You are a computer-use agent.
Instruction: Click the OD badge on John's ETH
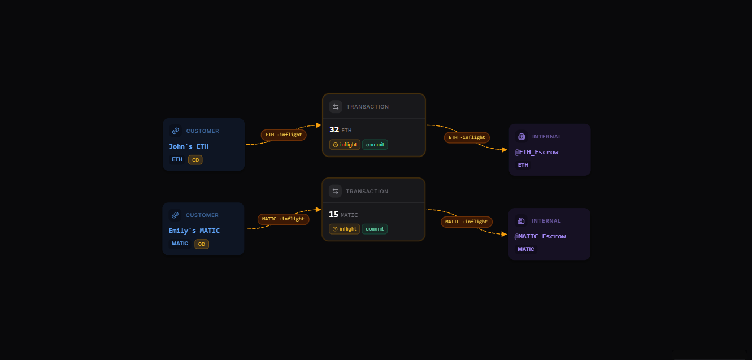195,160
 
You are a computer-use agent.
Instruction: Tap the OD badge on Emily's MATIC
202,244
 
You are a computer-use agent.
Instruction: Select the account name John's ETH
189,146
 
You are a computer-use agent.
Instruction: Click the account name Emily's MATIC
194,231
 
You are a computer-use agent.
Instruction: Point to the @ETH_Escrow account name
537,152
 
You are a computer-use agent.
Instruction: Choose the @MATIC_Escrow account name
540,236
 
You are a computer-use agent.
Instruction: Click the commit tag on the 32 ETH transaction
375,145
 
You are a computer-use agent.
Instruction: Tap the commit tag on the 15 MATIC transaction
375,229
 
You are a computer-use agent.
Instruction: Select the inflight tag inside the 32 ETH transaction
345,145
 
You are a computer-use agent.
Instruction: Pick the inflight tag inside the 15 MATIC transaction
345,229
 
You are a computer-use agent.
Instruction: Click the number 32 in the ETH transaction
334,129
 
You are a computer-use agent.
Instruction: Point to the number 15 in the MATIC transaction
333,214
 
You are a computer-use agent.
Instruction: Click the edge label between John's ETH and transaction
284,135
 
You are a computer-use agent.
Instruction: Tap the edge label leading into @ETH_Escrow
467,137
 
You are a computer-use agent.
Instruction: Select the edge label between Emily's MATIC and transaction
284,219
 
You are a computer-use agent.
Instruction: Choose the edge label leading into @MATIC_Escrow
467,222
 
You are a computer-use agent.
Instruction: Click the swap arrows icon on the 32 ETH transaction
336,107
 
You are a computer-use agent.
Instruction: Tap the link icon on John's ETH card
176,131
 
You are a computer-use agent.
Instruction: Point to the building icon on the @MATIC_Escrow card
521,221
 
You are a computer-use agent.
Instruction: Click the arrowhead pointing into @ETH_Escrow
505,150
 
